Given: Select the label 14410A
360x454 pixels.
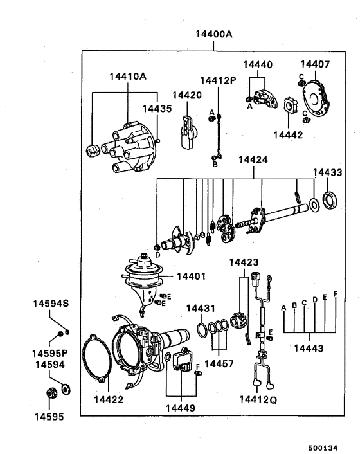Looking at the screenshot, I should point(128,77).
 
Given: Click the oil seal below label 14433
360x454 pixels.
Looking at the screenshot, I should point(329,200).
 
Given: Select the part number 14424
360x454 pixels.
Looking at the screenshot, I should point(253,159).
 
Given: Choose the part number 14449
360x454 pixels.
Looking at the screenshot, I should point(181,407).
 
